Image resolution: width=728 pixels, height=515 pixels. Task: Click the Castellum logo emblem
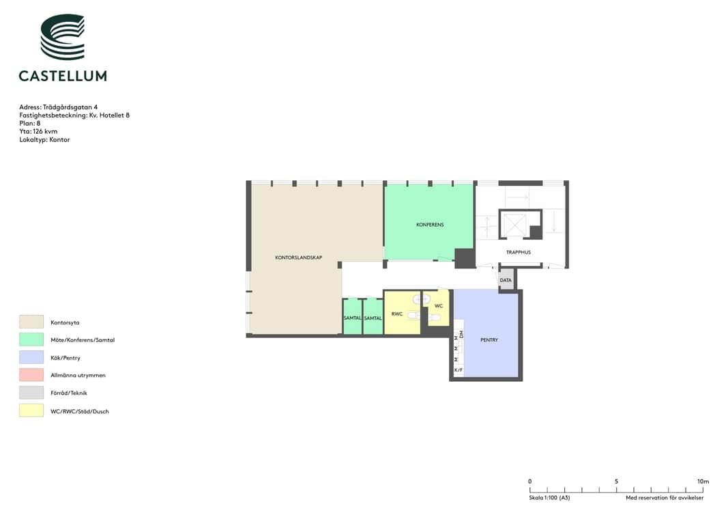(63, 37)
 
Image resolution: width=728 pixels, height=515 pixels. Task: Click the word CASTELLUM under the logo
(63, 76)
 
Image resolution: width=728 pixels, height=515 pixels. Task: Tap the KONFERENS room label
(430, 225)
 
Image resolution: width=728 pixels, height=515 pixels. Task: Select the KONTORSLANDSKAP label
(299, 257)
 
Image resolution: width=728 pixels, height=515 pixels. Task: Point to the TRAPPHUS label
(518, 253)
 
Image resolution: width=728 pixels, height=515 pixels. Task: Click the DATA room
(506, 280)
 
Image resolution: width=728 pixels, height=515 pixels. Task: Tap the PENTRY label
(489, 340)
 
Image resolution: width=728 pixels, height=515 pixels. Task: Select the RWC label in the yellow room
(397, 314)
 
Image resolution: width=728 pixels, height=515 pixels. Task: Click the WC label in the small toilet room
(439, 306)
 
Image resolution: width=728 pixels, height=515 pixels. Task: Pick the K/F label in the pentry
(458, 370)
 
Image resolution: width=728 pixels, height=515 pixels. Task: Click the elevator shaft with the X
(514, 225)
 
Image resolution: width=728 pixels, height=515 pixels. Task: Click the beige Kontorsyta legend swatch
(31, 322)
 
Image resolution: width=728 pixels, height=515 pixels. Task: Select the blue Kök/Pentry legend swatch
(31, 357)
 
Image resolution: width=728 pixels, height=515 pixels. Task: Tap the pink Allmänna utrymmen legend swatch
(31, 374)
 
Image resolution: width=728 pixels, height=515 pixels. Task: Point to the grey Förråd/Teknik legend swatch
(31, 393)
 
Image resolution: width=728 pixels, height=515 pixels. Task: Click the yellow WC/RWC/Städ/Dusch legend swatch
(31, 410)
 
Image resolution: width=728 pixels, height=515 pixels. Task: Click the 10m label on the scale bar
(703, 482)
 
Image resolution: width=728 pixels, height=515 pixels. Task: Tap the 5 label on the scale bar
(617, 482)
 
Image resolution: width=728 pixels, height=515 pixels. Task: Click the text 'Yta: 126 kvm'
(38, 132)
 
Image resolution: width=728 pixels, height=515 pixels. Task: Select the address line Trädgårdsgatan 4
(59, 107)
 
